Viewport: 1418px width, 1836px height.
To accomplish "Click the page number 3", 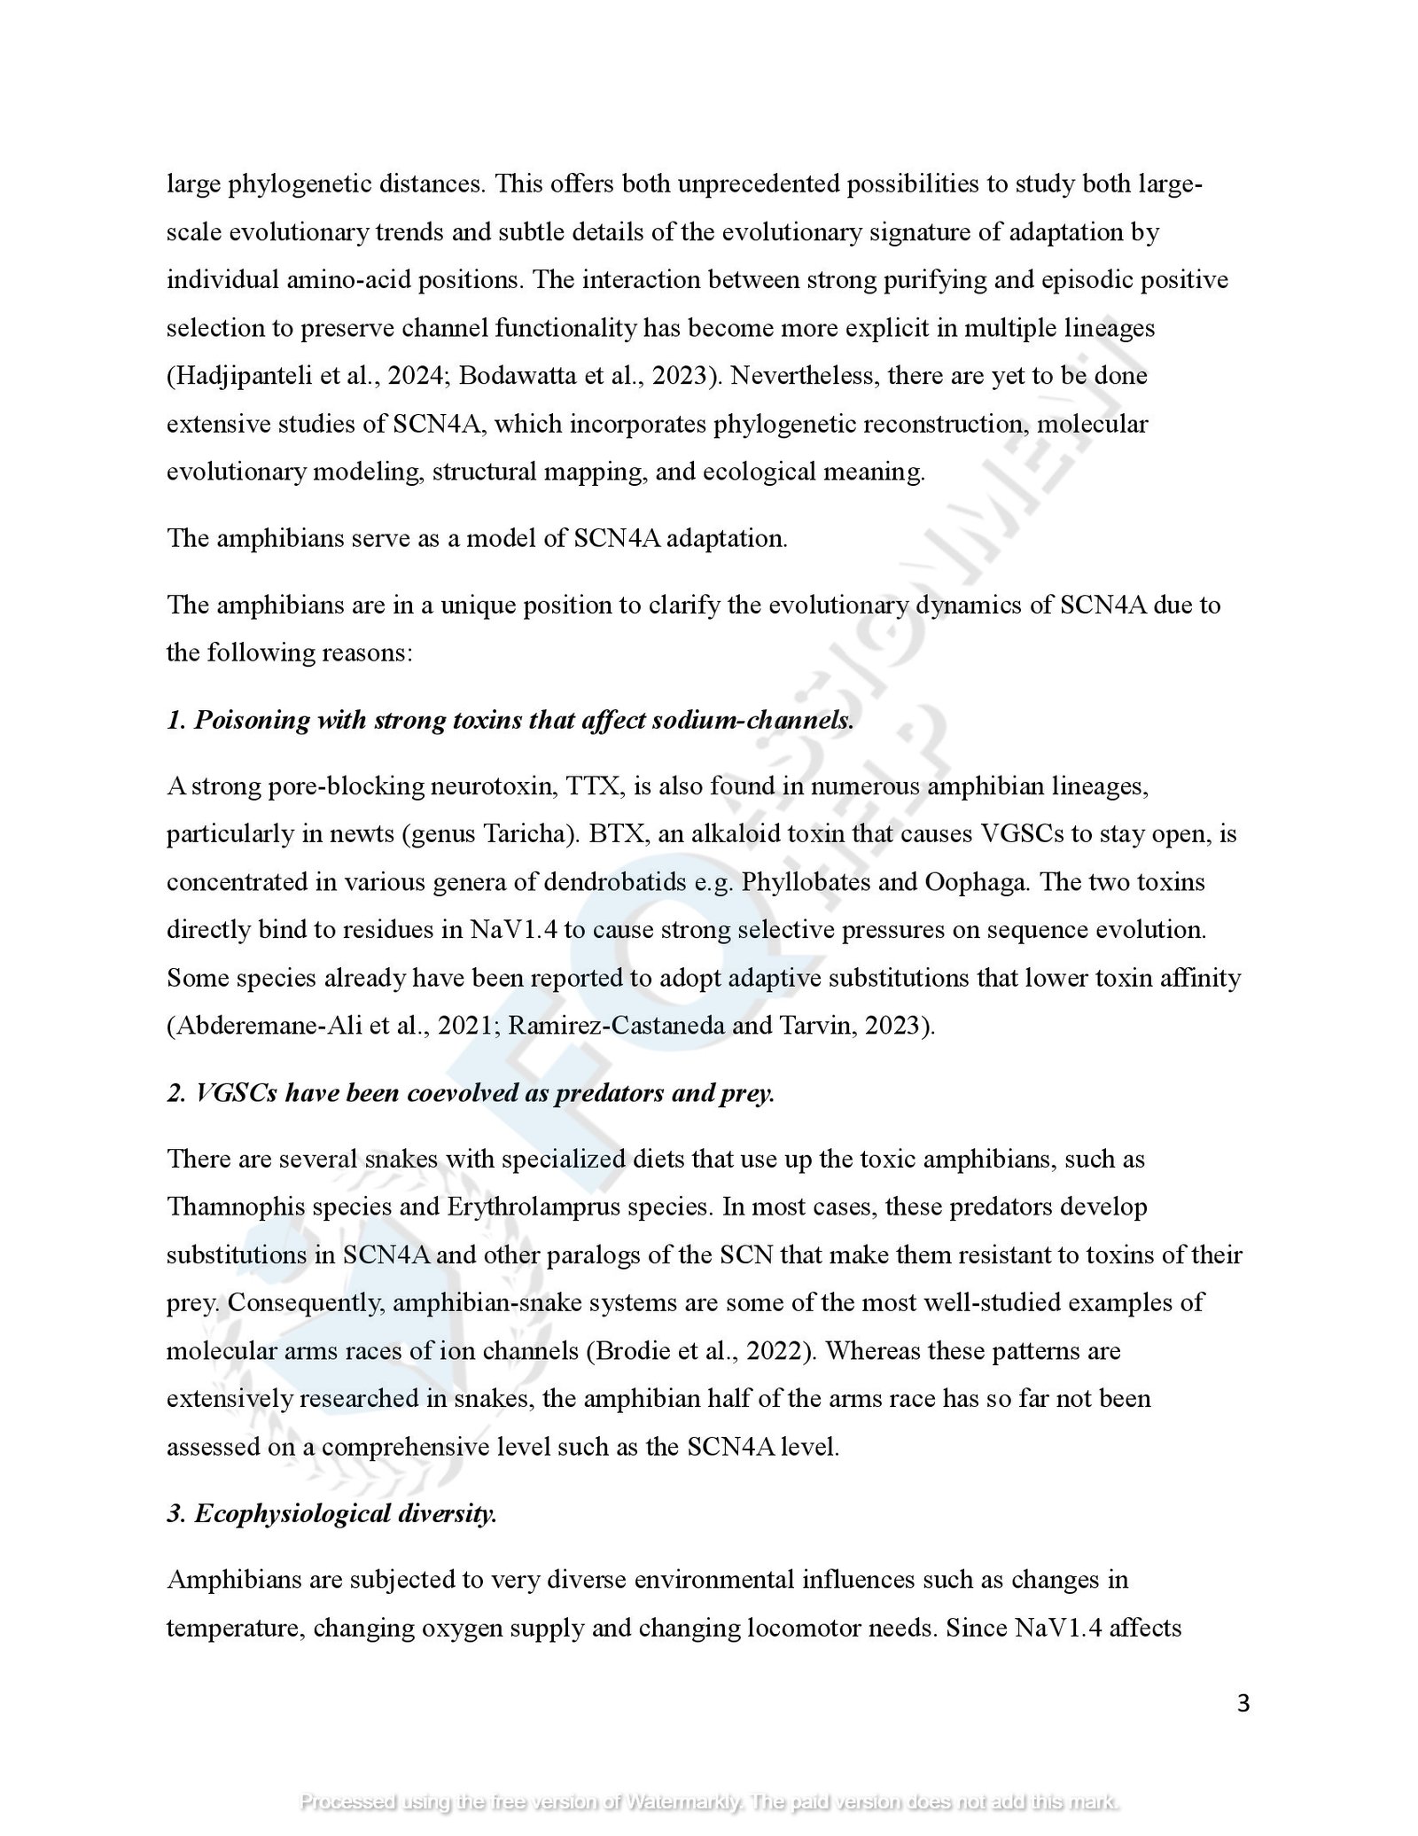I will coord(1243,1703).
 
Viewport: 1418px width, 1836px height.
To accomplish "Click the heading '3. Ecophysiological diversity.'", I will coord(331,1513).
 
